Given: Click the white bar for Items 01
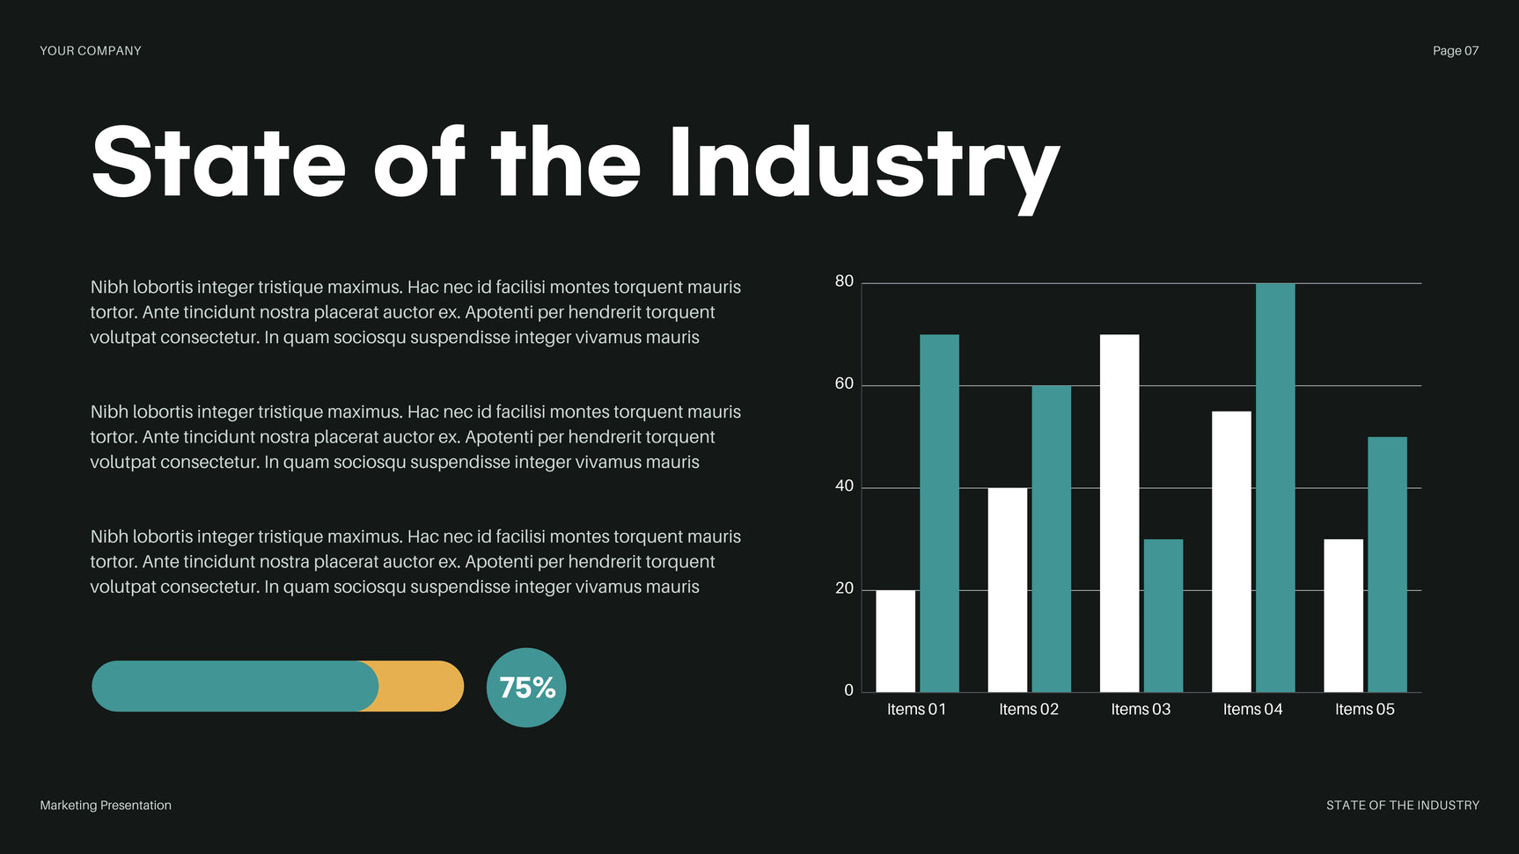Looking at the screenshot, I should [x=895, y=641].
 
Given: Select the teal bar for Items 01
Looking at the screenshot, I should [x=939, y=513].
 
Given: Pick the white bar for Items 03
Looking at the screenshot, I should [x=1119, y=513].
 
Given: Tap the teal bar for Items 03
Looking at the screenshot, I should [x=1163, y=616].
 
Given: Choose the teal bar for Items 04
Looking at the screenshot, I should [x=1275, y=487].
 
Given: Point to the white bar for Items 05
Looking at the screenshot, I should [x=1343, y=616].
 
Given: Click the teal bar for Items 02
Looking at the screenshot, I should [x=1051, y=538].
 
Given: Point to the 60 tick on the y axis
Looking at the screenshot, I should [x=844, y=383].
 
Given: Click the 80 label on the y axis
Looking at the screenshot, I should [x=844, y=281].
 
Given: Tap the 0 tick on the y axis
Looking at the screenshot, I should [x=848, y=690].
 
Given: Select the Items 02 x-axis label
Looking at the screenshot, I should [x=1028, y=710].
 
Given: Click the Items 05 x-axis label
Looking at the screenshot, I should [x=1364, y=710].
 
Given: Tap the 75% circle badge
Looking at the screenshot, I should [x=526, y=688].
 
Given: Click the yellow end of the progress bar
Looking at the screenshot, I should [x=422, y=686].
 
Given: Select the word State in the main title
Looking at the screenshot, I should [x=218, y=164].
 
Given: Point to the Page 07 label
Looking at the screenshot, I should [x=1455, y=51].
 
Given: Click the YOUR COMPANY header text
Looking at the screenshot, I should [x=91, y=51].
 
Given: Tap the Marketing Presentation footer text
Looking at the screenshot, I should [x=106, y=806].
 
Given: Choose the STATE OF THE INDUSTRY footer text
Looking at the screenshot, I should [x=1402, y=806].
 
